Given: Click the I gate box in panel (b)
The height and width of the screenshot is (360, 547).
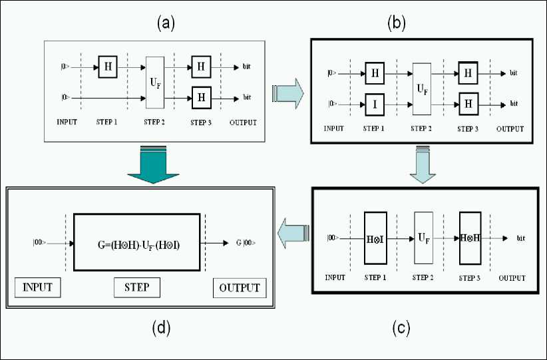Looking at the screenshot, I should tap(375, 103).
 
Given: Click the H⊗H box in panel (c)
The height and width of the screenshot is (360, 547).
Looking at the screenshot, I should tap(469, 239).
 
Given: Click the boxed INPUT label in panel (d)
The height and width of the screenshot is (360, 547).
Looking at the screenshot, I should tap(38, 289).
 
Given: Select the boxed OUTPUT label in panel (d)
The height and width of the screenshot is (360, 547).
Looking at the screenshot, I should tap(240, 289).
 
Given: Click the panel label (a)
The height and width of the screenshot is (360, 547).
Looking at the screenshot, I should tap(166, 24).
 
